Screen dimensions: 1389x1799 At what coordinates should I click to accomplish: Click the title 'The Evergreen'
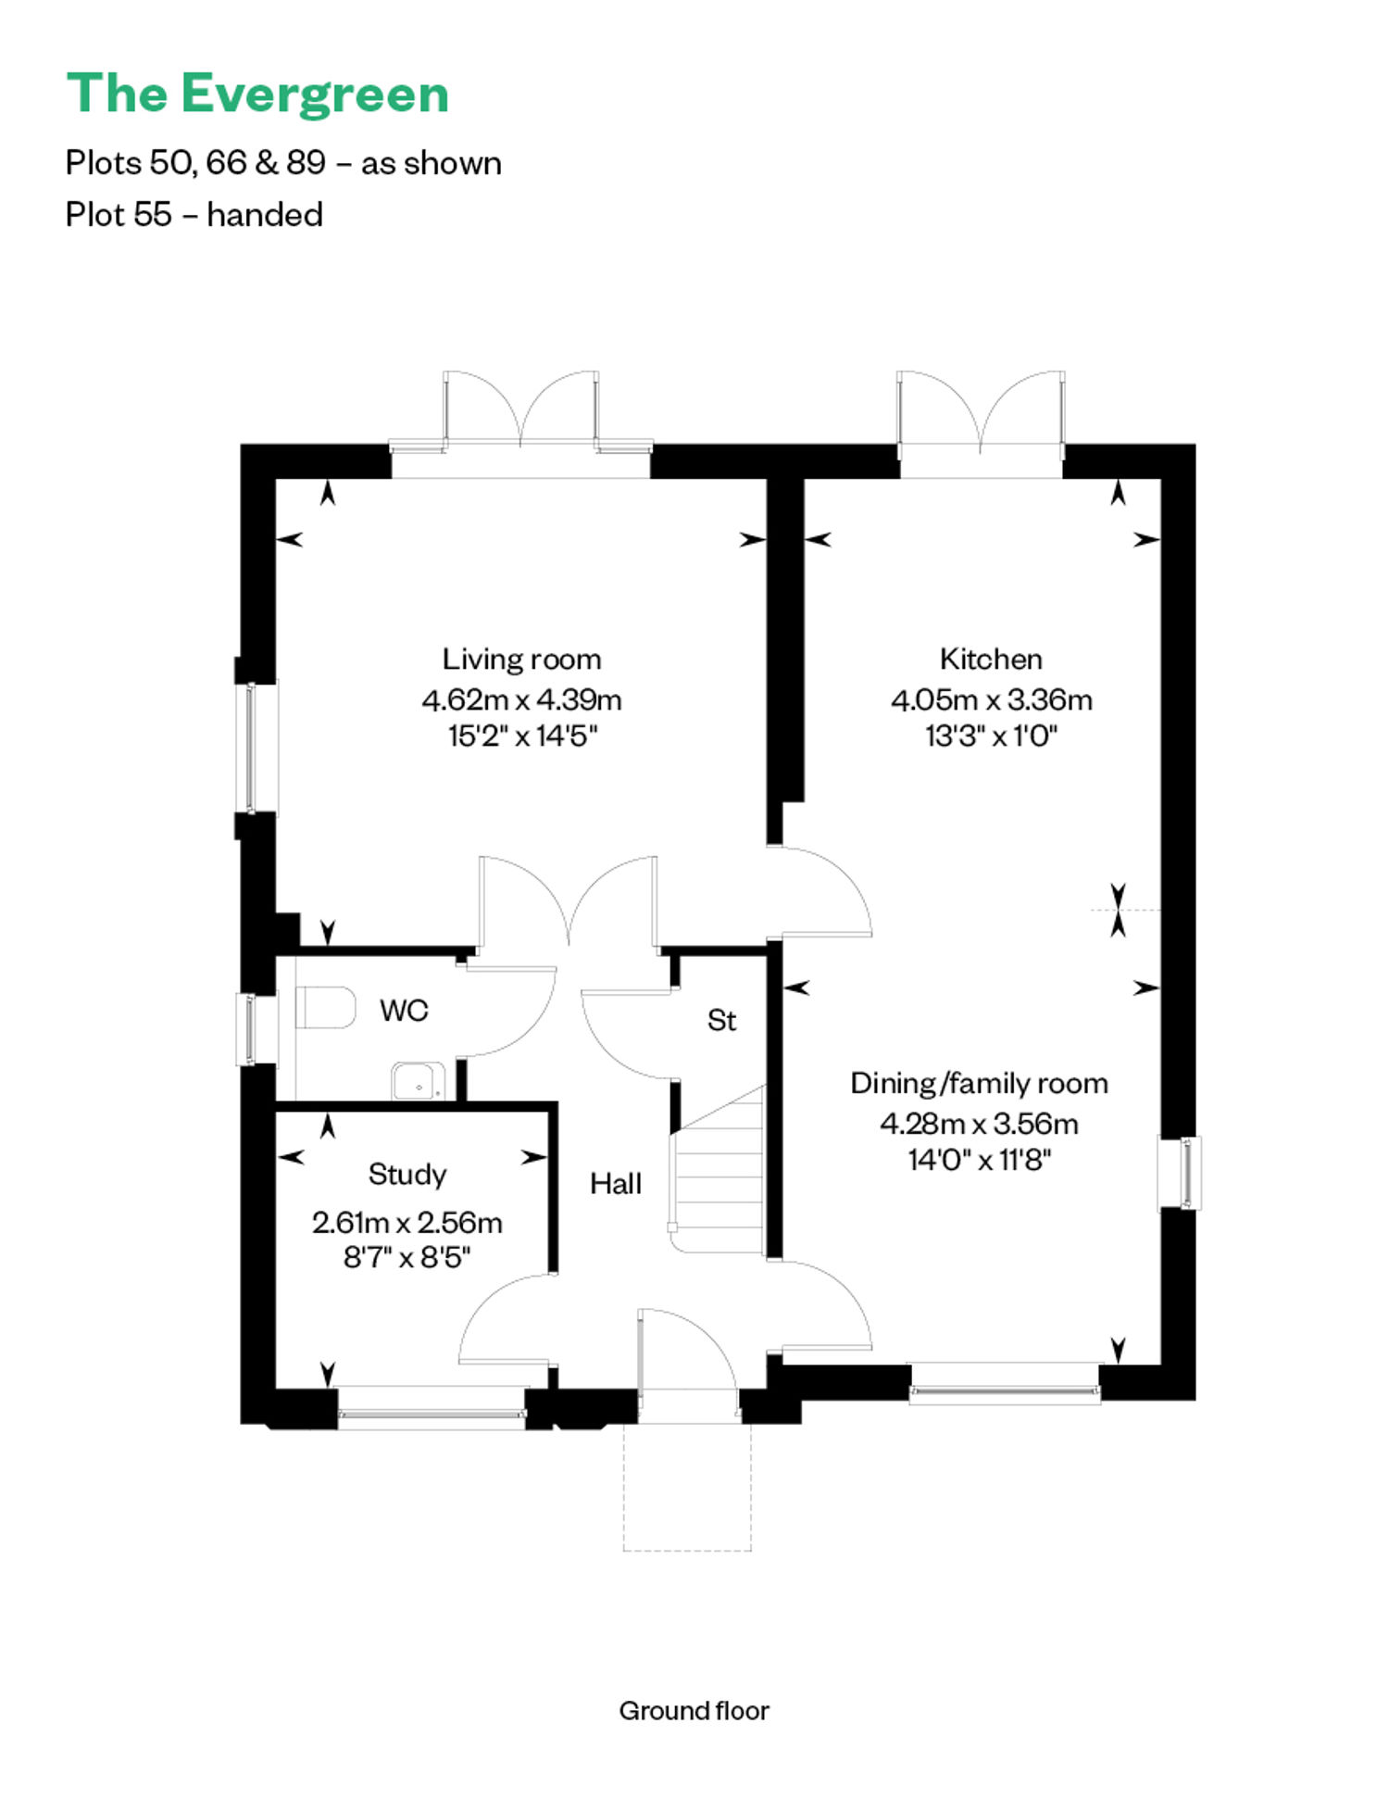257,94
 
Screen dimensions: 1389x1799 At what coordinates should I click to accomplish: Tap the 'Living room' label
521,660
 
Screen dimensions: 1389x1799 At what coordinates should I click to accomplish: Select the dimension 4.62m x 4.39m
521,699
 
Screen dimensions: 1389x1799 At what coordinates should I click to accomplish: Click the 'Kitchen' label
991,659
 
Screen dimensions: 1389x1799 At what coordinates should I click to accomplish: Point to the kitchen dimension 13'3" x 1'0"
991,736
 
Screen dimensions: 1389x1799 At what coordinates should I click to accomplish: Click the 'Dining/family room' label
979,1084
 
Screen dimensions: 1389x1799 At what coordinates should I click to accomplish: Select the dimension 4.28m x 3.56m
979,1124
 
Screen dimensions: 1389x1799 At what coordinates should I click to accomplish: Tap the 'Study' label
407,1175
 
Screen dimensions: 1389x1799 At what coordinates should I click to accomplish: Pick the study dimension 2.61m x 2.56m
407,1223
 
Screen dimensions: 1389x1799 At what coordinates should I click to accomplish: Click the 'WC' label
404,1010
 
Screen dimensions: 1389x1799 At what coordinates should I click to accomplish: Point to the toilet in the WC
325,1007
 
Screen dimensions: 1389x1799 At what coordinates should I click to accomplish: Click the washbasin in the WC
419,1081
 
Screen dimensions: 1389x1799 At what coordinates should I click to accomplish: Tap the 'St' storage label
721,1020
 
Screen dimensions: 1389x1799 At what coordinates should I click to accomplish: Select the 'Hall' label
616,1183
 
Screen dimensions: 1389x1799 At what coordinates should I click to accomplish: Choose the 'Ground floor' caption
694,1711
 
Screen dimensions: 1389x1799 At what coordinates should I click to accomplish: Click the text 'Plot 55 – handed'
194,215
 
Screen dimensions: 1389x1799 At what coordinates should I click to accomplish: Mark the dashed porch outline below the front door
687,1488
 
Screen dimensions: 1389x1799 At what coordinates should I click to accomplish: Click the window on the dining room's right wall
1182,1173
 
